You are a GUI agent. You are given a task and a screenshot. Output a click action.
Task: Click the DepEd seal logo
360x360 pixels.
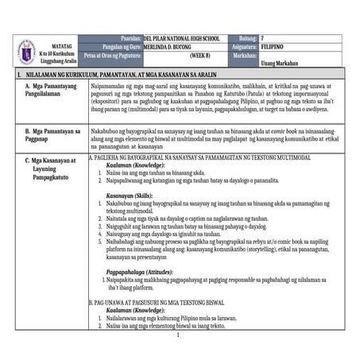point(26,50)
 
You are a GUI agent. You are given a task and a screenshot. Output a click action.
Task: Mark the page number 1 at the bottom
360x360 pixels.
point(180,335)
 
